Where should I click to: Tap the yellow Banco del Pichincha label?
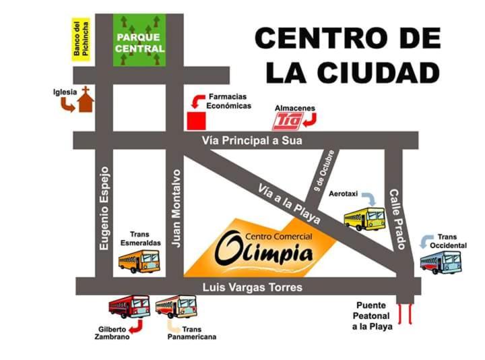81,40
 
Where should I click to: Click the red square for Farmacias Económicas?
196,121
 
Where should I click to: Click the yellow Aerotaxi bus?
364,219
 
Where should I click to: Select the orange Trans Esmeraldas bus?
139,261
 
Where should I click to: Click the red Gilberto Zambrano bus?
129,307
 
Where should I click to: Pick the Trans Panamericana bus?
176,307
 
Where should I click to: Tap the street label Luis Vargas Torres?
253,288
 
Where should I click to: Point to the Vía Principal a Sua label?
253,141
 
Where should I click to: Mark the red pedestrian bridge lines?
407,314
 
